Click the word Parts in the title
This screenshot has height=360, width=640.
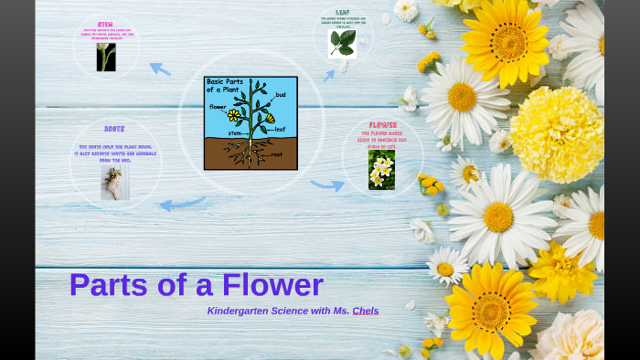coord(106,285)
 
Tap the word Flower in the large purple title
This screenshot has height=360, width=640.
coord(271,285)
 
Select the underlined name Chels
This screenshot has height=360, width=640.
coord(366,311)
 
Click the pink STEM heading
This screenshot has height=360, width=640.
coord(105,25)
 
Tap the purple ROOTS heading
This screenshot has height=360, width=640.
coord(114,130)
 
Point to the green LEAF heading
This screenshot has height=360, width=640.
coord(342,13)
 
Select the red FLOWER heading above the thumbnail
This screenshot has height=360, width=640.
coord(382,125)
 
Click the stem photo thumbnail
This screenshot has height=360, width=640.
coord(106,57)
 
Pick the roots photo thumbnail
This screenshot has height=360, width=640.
coord(114,183)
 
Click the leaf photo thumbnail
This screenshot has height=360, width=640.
coord(342,44)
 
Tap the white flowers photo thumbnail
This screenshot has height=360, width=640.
coord(381,170)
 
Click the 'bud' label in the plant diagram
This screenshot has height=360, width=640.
coord(281,95)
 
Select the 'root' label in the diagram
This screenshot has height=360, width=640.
coord(276,154)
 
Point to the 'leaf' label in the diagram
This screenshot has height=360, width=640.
coord(280,130)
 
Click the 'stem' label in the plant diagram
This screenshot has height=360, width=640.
coord(235,133)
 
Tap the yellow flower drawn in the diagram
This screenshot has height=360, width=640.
coord(234,115)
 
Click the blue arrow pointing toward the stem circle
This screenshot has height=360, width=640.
coord(159,69)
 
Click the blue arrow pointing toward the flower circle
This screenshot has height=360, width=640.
coord(326,185)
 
